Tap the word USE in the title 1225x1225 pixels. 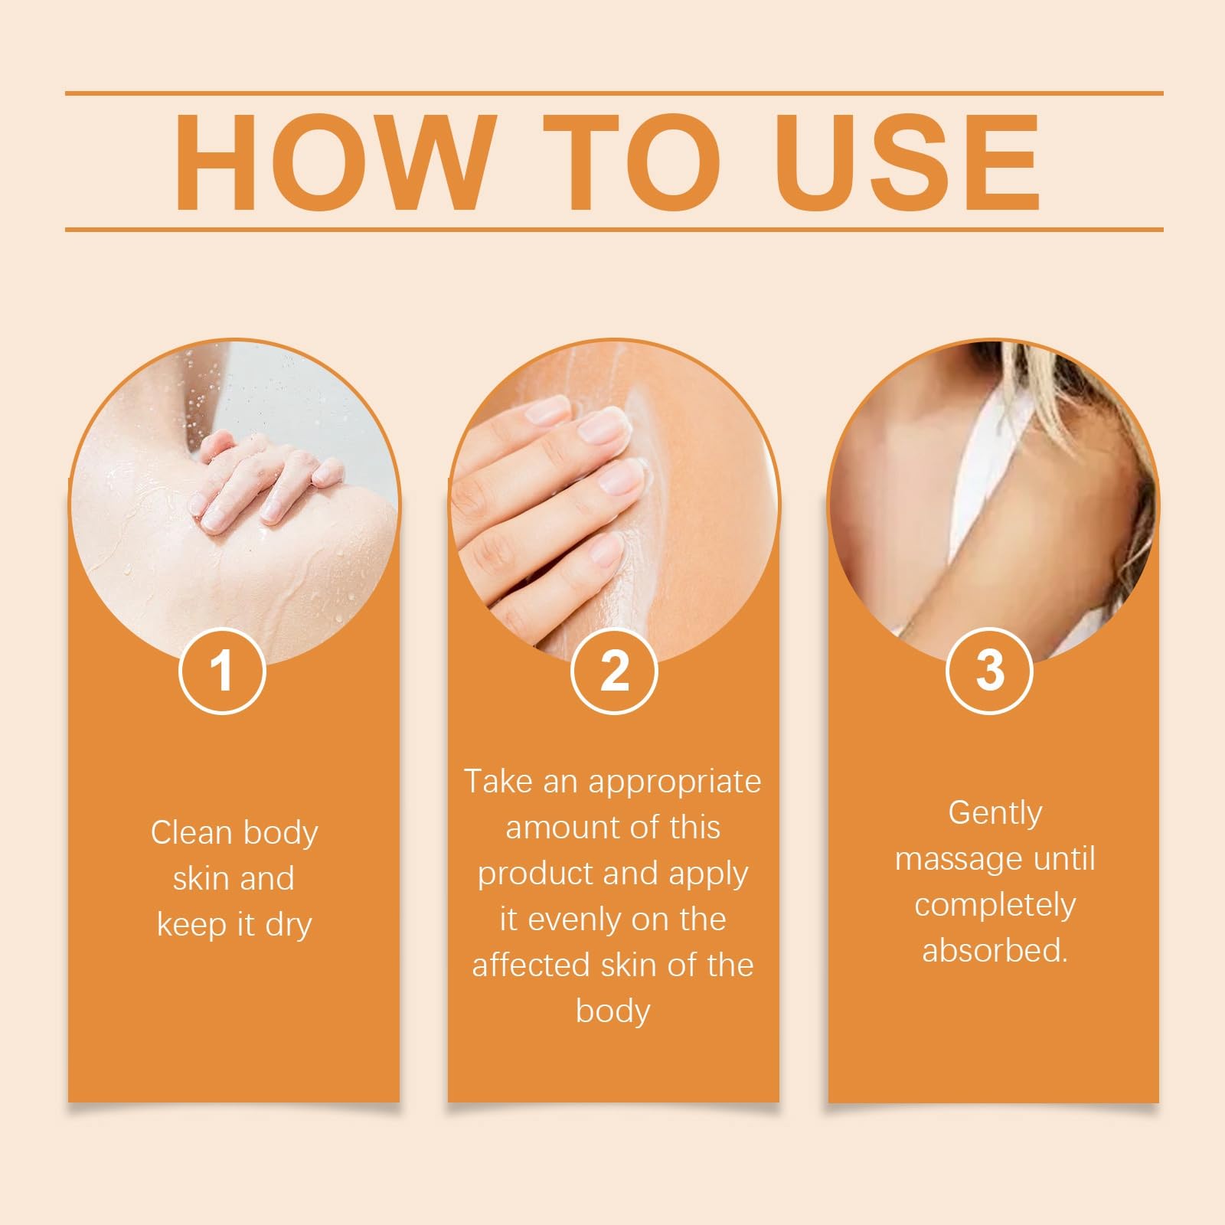point(911,162)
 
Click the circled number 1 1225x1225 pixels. point(222,671)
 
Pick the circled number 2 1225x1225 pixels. point(614,671)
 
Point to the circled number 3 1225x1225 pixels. point(990,671)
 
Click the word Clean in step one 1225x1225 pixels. point(191,832)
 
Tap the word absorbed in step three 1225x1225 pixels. point(995,951)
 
